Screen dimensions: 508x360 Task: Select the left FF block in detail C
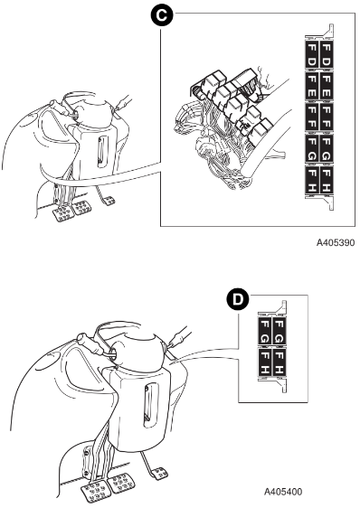(311, 117)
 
